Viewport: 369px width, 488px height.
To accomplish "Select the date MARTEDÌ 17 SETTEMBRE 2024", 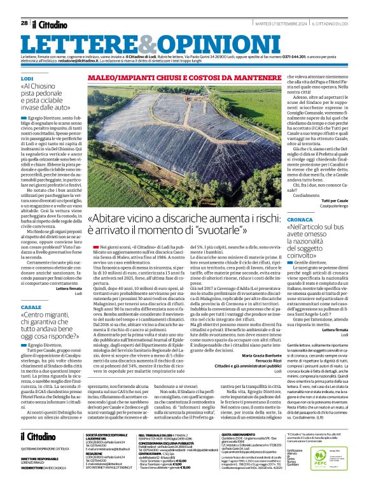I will (272, 23).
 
